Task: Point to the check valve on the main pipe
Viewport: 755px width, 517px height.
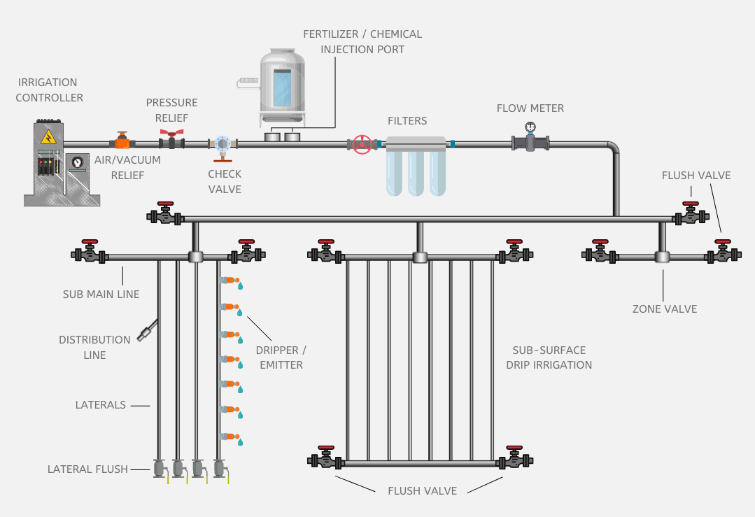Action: pos(223,144)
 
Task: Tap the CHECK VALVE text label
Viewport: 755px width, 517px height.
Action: pos(225,181)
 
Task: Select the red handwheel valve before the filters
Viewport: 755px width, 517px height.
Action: pos(362,145)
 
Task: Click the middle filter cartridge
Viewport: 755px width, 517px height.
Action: pos(416,171)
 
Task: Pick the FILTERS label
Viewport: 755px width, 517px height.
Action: pos(407,121)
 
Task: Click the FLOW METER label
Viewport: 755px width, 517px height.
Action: pos(530,108)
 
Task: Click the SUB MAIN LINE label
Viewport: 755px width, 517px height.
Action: pos(101,294)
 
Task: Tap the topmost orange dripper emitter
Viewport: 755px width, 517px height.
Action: pos(230,281)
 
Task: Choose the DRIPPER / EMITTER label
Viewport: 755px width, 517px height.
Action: pos(281,357)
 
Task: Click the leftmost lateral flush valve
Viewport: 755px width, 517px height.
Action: pos(159,467)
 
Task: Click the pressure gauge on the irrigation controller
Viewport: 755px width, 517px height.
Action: pos(77,162)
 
